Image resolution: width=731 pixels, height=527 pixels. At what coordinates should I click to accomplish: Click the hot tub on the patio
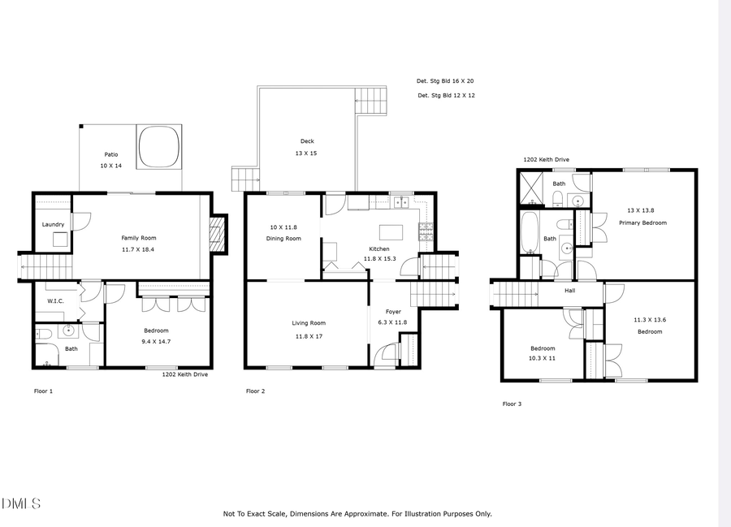point(158,146)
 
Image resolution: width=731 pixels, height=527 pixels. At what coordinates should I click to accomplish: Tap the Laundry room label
point(53,225)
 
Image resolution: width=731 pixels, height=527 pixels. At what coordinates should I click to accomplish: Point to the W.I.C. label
point(56,302)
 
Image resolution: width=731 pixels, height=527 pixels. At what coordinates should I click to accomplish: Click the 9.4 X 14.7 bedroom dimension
point(156,342)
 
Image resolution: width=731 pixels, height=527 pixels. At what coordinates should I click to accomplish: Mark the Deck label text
point(307,141)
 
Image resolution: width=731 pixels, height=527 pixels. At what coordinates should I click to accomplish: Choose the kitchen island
point(391,229)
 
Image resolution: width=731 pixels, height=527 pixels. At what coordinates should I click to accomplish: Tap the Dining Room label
point(283,239)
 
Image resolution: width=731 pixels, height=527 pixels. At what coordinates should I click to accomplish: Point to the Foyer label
point(393,312)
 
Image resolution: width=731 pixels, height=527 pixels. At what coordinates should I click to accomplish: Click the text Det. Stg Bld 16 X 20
point(445,81)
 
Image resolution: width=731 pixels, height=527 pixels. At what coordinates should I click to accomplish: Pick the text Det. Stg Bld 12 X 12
point(445,96)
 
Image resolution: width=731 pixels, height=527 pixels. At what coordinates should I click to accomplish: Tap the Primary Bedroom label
point(642,222)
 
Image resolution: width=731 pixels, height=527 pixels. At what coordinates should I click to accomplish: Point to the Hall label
point(570,290)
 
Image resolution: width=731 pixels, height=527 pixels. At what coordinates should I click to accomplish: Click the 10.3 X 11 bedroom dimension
point(543,358)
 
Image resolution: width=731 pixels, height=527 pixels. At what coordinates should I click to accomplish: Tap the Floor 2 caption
point(256,391)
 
